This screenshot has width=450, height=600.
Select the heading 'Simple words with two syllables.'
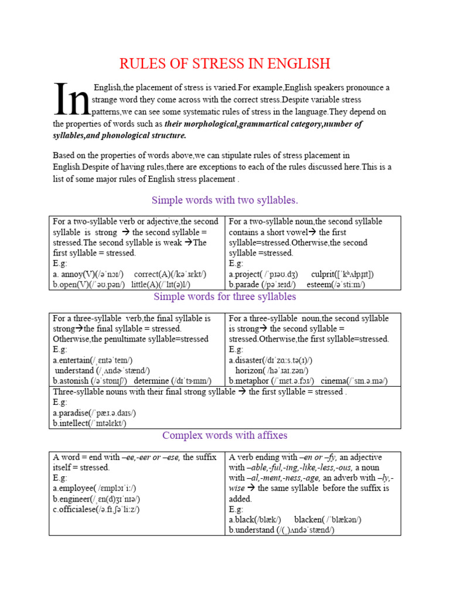point(225,200)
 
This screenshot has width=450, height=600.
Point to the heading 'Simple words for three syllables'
point(225,296)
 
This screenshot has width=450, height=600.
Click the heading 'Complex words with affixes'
point(225,435)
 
